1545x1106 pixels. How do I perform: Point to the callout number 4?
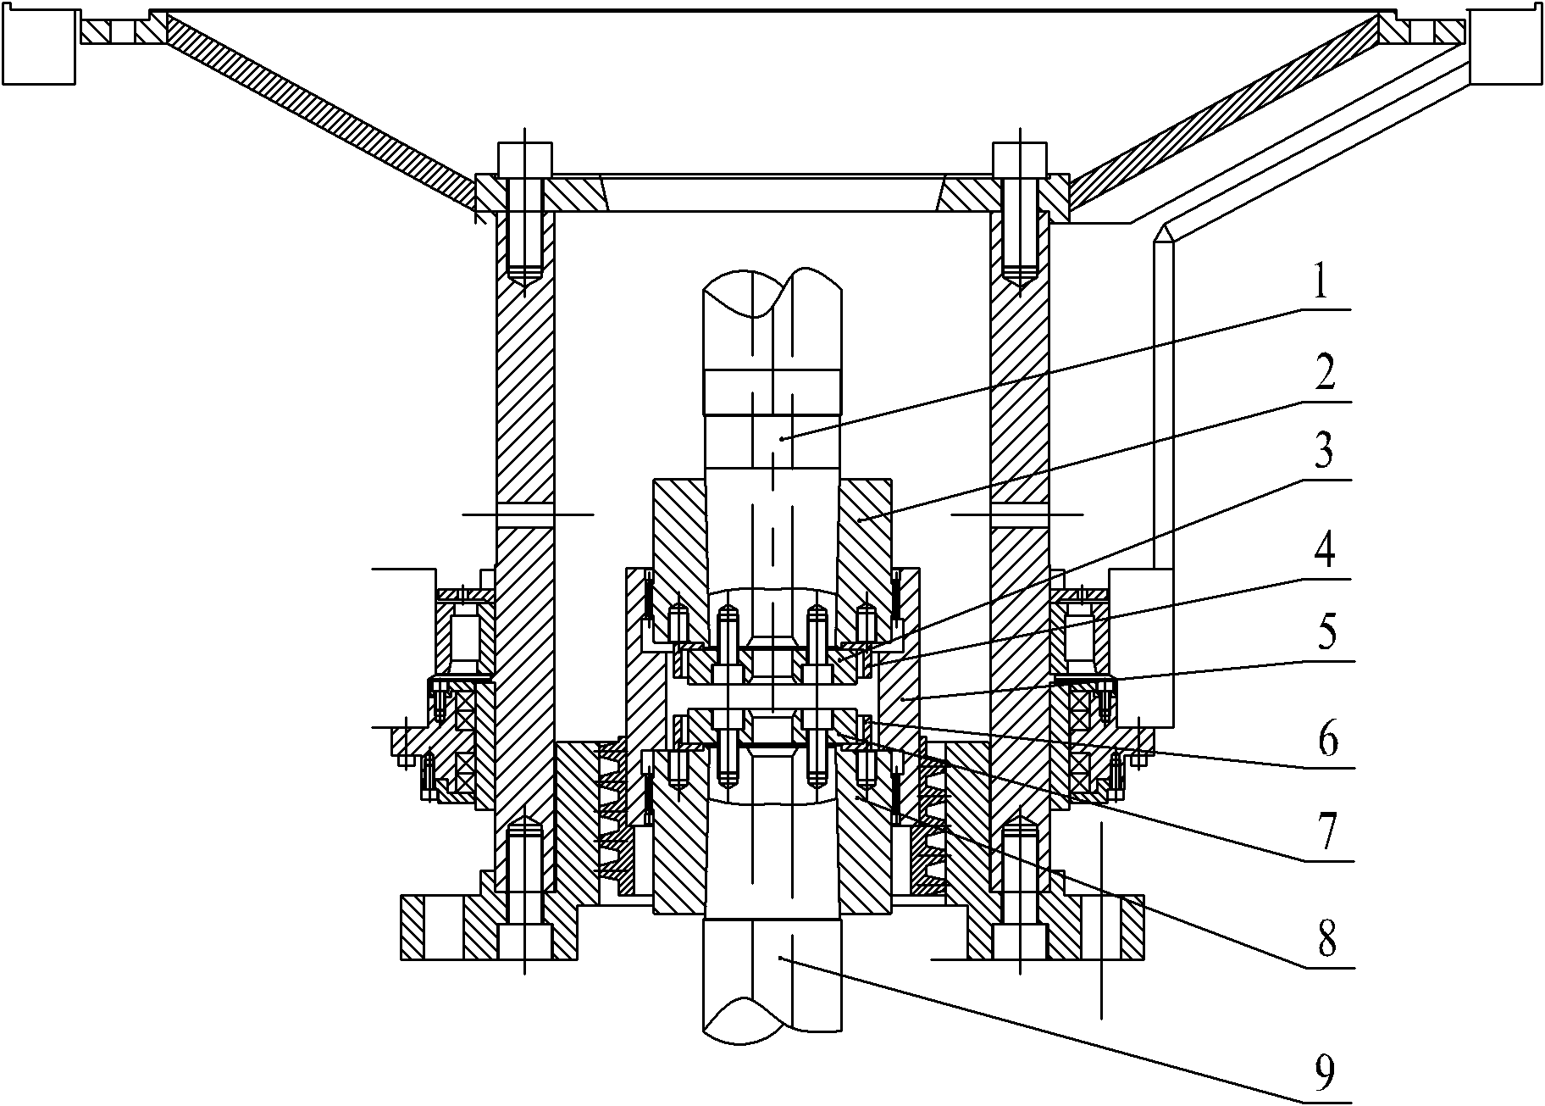[1324, 552]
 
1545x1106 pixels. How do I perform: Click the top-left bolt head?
[525, 158]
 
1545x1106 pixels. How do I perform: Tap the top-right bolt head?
[1020, 158]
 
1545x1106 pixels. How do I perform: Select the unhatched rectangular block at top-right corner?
[1505, 47]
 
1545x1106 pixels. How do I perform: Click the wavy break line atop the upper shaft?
[772, 292]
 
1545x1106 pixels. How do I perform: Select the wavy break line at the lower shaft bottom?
[772, 1017]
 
